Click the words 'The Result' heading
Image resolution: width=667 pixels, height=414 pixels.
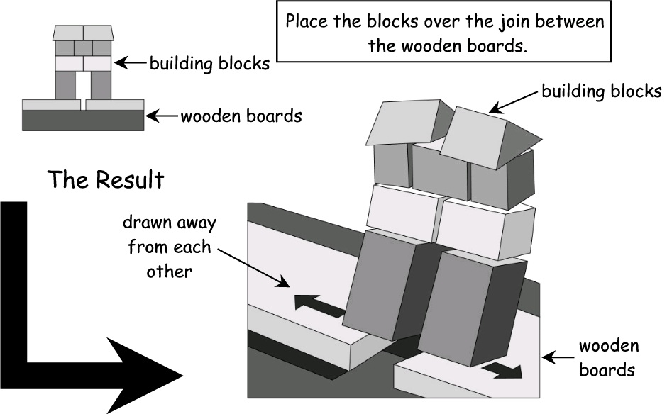tap(106, 179)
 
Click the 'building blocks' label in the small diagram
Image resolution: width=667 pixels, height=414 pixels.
tap(209, 64)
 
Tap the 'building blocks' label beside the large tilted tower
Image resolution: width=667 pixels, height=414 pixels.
tap(601, 91)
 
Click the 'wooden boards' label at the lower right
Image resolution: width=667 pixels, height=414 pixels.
tap(609, 358)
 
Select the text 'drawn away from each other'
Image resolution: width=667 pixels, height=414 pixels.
tap(169, 247)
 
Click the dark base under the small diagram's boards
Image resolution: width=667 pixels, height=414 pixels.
tap(84, 121)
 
